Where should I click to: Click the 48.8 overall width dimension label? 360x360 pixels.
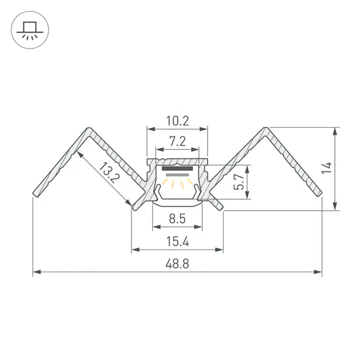pos(178,264)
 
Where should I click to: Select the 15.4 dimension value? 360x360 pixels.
pos(178,241)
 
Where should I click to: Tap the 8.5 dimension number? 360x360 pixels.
pos(178,219)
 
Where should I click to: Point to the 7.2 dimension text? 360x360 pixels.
pos(178,141)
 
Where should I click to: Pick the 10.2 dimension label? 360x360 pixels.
pos(178,121)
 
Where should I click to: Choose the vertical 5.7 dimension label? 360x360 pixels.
pos(239,182)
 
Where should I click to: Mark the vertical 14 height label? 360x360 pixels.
pos(327,168)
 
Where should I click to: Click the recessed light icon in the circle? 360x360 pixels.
pos(30,30)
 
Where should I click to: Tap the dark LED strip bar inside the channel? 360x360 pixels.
pos(178,169)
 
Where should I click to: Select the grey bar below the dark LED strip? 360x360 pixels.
pos(178,175)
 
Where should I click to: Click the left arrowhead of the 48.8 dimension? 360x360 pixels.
pos(37,272)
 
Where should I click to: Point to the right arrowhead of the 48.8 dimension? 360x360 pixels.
pos(318,272)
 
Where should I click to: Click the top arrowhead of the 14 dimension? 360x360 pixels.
pos(335,131)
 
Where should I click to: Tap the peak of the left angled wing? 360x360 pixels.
pos(89,128)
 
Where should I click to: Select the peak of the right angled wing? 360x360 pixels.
pos(265,128)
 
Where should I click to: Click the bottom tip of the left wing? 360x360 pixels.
pos(35,195)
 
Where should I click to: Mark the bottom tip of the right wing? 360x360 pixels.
pos(320,195)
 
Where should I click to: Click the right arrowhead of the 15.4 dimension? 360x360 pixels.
pos(219,249)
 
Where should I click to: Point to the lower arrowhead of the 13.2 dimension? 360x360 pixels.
pos(128,203)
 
